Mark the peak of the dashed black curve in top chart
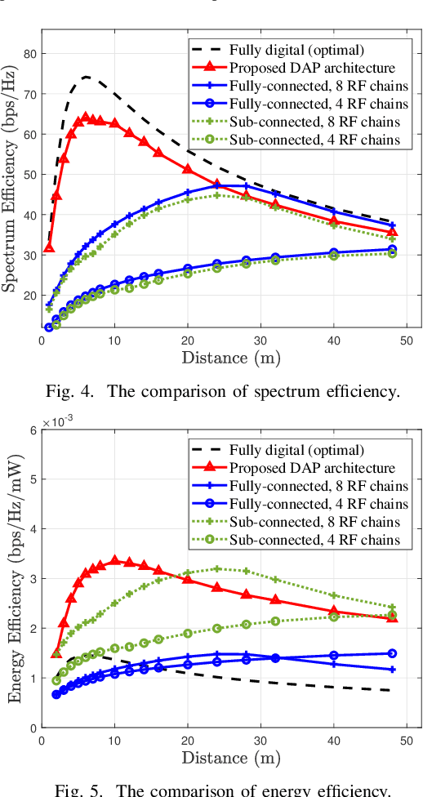tap(86, 77)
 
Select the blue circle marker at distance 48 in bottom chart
tap(392, 653)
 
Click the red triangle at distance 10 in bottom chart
tap(114, 561)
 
